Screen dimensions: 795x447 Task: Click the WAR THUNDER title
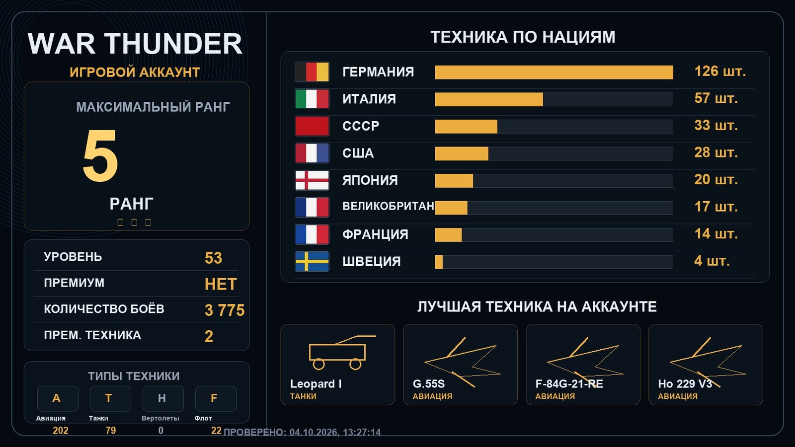135,44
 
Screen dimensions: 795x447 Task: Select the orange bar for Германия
554,73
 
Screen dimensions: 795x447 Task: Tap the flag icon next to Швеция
312,261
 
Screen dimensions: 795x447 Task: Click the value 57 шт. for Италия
716,98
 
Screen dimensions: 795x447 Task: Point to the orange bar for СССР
466,127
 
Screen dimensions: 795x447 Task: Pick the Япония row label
370,180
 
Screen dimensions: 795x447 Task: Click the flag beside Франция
312,234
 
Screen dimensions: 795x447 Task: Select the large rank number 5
100,155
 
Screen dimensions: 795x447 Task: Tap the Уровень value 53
213,258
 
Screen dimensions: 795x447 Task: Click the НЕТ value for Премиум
221,284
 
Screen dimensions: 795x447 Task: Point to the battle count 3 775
225,310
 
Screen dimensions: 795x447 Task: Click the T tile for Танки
110,398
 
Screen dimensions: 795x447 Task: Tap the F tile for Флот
216,398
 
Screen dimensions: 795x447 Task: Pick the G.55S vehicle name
429,384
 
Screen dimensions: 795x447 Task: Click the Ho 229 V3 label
685,384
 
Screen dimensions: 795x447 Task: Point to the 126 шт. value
720,72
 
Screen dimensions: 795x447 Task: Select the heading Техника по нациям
523,37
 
